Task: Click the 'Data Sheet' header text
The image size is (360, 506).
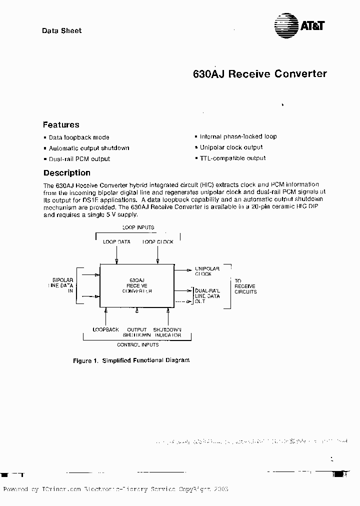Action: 61,30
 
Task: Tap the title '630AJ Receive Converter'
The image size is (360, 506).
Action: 259,74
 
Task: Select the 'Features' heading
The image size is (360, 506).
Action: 61,125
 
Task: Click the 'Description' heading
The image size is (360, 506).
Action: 67,173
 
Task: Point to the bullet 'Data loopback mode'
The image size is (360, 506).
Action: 79,137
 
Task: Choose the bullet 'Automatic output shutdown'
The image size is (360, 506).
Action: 89,148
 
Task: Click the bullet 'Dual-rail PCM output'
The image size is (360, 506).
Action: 79,159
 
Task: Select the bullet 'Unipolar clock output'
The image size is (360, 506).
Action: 231,147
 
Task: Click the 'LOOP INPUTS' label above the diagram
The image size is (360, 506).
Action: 138,227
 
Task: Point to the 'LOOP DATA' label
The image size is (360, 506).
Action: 116,242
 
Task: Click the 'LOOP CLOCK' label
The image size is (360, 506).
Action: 158,242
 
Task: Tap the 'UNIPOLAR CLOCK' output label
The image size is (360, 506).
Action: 203,271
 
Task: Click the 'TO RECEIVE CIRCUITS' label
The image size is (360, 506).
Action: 245,286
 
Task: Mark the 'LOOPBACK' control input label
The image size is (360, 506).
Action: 106,330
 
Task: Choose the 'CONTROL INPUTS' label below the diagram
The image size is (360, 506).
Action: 137,345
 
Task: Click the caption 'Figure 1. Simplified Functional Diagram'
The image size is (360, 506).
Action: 131,360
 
